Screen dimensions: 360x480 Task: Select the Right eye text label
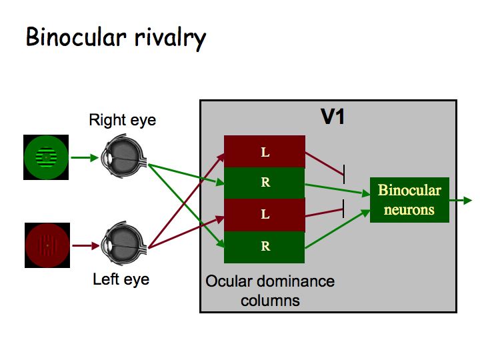pyautogui.click(x=123, y=121)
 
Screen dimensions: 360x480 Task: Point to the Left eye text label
pyautogui.click(x=121, y=279)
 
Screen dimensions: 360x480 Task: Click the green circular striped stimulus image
pyautogui.click(x=45, y=157)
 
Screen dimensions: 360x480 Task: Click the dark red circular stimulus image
pyautogui.click(x=47, y=246)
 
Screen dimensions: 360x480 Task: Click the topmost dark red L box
pyautogui.click(x=265, y=152)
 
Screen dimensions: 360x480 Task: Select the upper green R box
pyautogui.click(x=265, y=183)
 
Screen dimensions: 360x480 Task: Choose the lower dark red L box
pyautogui.click(x=265, y=215)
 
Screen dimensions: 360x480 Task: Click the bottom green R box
pyautogui.click(x=265, y=247)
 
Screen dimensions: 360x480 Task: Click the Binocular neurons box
pyautogui.click(x=409, y=200)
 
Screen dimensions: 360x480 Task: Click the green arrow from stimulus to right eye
pyautogui.click(x=83, y=158)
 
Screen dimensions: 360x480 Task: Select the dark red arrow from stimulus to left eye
pyautogui.click(x=83, y=246)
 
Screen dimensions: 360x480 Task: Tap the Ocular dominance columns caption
pyautogui.click(x=270, y=290)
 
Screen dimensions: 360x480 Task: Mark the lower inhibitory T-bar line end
pyautogui.click(x=343, y=208)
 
